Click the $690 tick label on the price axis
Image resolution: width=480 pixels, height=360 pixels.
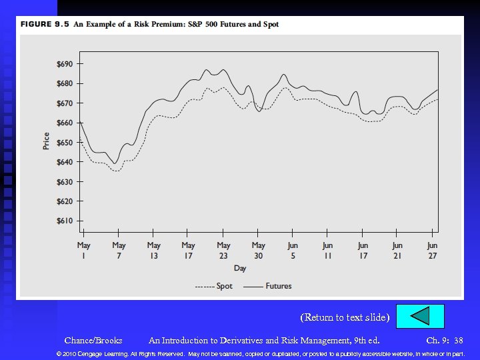[65, 64]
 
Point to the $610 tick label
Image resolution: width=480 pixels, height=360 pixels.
[65, 221]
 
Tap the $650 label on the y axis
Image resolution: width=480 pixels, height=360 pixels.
[65, 143]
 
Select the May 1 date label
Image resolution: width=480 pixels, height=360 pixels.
[84, 250]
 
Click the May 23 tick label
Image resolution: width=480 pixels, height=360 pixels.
[223, 250]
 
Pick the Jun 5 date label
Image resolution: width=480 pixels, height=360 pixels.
[293, 250]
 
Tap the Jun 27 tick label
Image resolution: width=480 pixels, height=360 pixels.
[432, 250]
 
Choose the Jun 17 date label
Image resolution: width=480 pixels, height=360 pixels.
[363, 250]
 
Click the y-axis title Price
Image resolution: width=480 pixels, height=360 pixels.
[46, 141]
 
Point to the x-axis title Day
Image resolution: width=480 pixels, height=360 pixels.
[240, 268]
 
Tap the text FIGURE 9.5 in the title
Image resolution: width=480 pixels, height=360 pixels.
[45, 25]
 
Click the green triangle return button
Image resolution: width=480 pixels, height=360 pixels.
[420, 316]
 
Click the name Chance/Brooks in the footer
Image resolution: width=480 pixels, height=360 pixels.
[93, 341]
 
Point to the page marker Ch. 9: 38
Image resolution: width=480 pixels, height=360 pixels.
[444, 341]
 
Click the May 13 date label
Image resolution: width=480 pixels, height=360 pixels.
[154, 250]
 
